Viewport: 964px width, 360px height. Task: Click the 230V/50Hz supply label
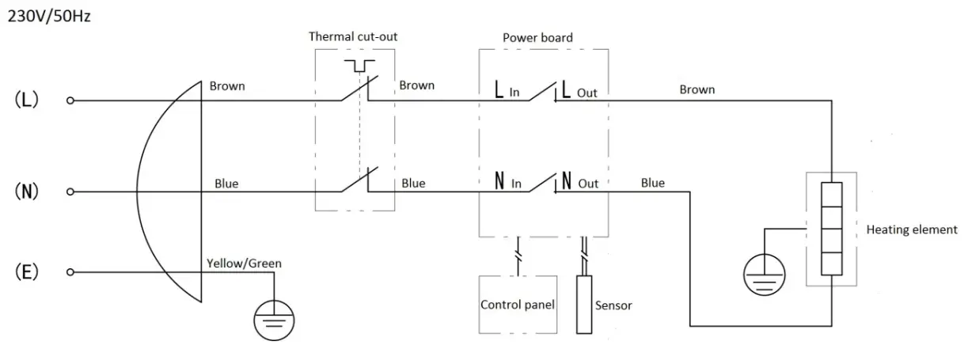(x=49, y=17)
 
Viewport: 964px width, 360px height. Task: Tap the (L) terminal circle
(x=70, y=100)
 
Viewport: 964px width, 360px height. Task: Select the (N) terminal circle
(x=70, y=191)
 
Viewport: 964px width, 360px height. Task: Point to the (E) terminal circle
(x=70, y=272)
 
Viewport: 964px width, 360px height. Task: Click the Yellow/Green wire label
(x=244, y=263)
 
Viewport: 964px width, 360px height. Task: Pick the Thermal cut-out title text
(x=353, y=36)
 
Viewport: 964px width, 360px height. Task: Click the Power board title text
(x=537, y=38)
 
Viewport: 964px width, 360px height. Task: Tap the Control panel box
(x=518, y=305)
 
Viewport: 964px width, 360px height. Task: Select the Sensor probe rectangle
(x=584, y=305)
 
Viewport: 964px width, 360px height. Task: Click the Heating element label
(x=912, y=229)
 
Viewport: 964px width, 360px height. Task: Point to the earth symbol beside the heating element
(x=765, y=275)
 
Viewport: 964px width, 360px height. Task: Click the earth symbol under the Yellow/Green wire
(x=274, y=320)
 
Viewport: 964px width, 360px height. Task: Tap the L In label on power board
(x=507, y=89)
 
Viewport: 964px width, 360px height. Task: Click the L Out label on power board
(x=579, y=90)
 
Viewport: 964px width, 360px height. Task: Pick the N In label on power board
(x=508, y=180)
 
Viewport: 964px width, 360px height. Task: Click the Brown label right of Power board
(x=697, y=89)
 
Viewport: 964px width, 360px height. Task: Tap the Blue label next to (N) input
(x=226, y=184)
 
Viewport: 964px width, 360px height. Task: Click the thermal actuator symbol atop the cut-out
(x=360, y=66)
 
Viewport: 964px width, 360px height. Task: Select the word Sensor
(x=613, y=305)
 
